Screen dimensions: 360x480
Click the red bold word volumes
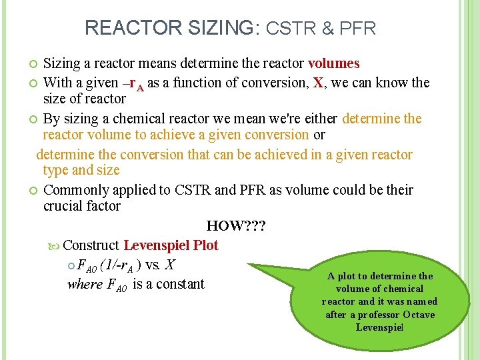pyautogui.click(x=334, y=64)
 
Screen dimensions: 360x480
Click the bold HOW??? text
pyautogui.click(x=236, y=226)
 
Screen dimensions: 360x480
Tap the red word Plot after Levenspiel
pyautogui.click(x=206, y=245)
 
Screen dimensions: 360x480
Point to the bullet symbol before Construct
pyautogui.click(x=55, y=246)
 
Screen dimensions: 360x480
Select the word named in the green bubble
pyautogui.click(x=423, y=301)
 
